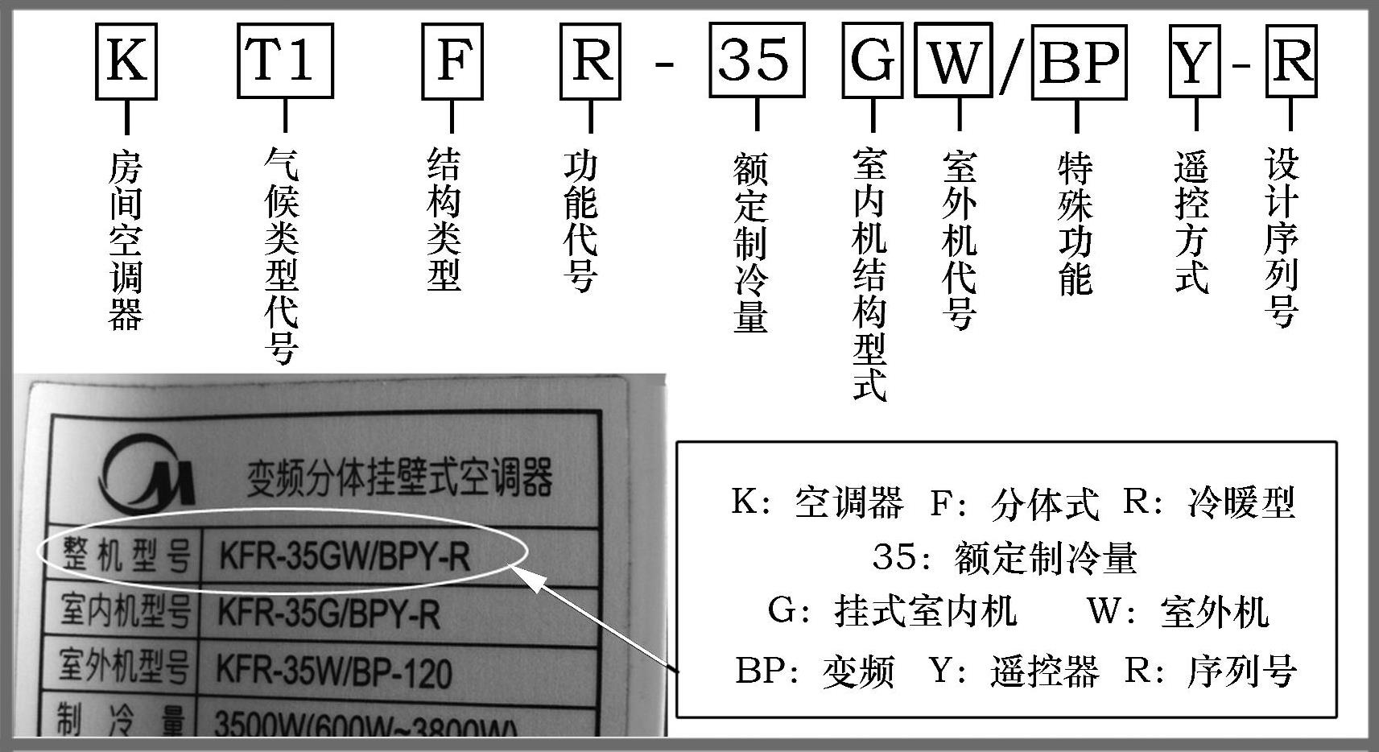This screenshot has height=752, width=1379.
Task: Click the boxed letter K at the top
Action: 126,61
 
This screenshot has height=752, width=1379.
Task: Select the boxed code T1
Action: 285,61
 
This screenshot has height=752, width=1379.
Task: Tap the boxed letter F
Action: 452,61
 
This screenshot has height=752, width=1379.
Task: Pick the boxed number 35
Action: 757,61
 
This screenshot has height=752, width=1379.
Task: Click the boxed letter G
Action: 872,61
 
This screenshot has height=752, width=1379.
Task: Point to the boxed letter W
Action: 953,61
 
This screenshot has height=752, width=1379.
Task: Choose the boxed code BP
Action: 1079,61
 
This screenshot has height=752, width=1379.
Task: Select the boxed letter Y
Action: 1194,61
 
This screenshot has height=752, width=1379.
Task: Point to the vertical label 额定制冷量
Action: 750,242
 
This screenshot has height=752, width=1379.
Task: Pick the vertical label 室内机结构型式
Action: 870,274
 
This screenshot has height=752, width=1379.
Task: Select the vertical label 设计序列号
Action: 1282,237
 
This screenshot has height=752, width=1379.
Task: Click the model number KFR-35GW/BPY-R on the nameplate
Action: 345,556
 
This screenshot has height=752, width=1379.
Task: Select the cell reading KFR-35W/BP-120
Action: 333,671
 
